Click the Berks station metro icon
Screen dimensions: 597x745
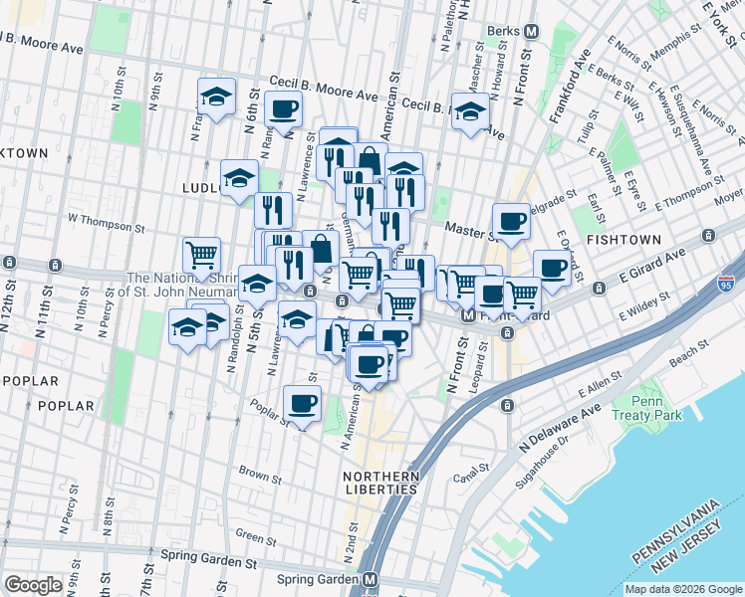click(x=531, y=31)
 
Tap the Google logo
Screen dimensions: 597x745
click(x=33, y=585)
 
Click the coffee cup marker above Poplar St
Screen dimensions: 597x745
click(x=302, y=403)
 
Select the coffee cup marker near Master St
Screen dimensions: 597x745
click(x=512, y=221)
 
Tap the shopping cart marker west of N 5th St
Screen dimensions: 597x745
click(x=202, y=255)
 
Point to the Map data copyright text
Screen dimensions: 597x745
click(x=683, y=589)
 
